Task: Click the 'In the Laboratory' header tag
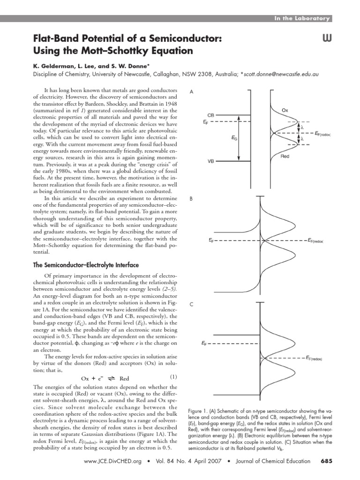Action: point(303,18)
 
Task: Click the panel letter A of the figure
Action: point(191,92)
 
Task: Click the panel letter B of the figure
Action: point(191,199)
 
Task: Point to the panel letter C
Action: point(191,305)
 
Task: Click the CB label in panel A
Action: point(211,114)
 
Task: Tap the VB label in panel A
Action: point(211,161)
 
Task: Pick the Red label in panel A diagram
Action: point(285,157)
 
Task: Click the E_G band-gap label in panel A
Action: point(234,138)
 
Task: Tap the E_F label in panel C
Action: point(205,343)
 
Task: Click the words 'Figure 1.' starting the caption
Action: point(198,405)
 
